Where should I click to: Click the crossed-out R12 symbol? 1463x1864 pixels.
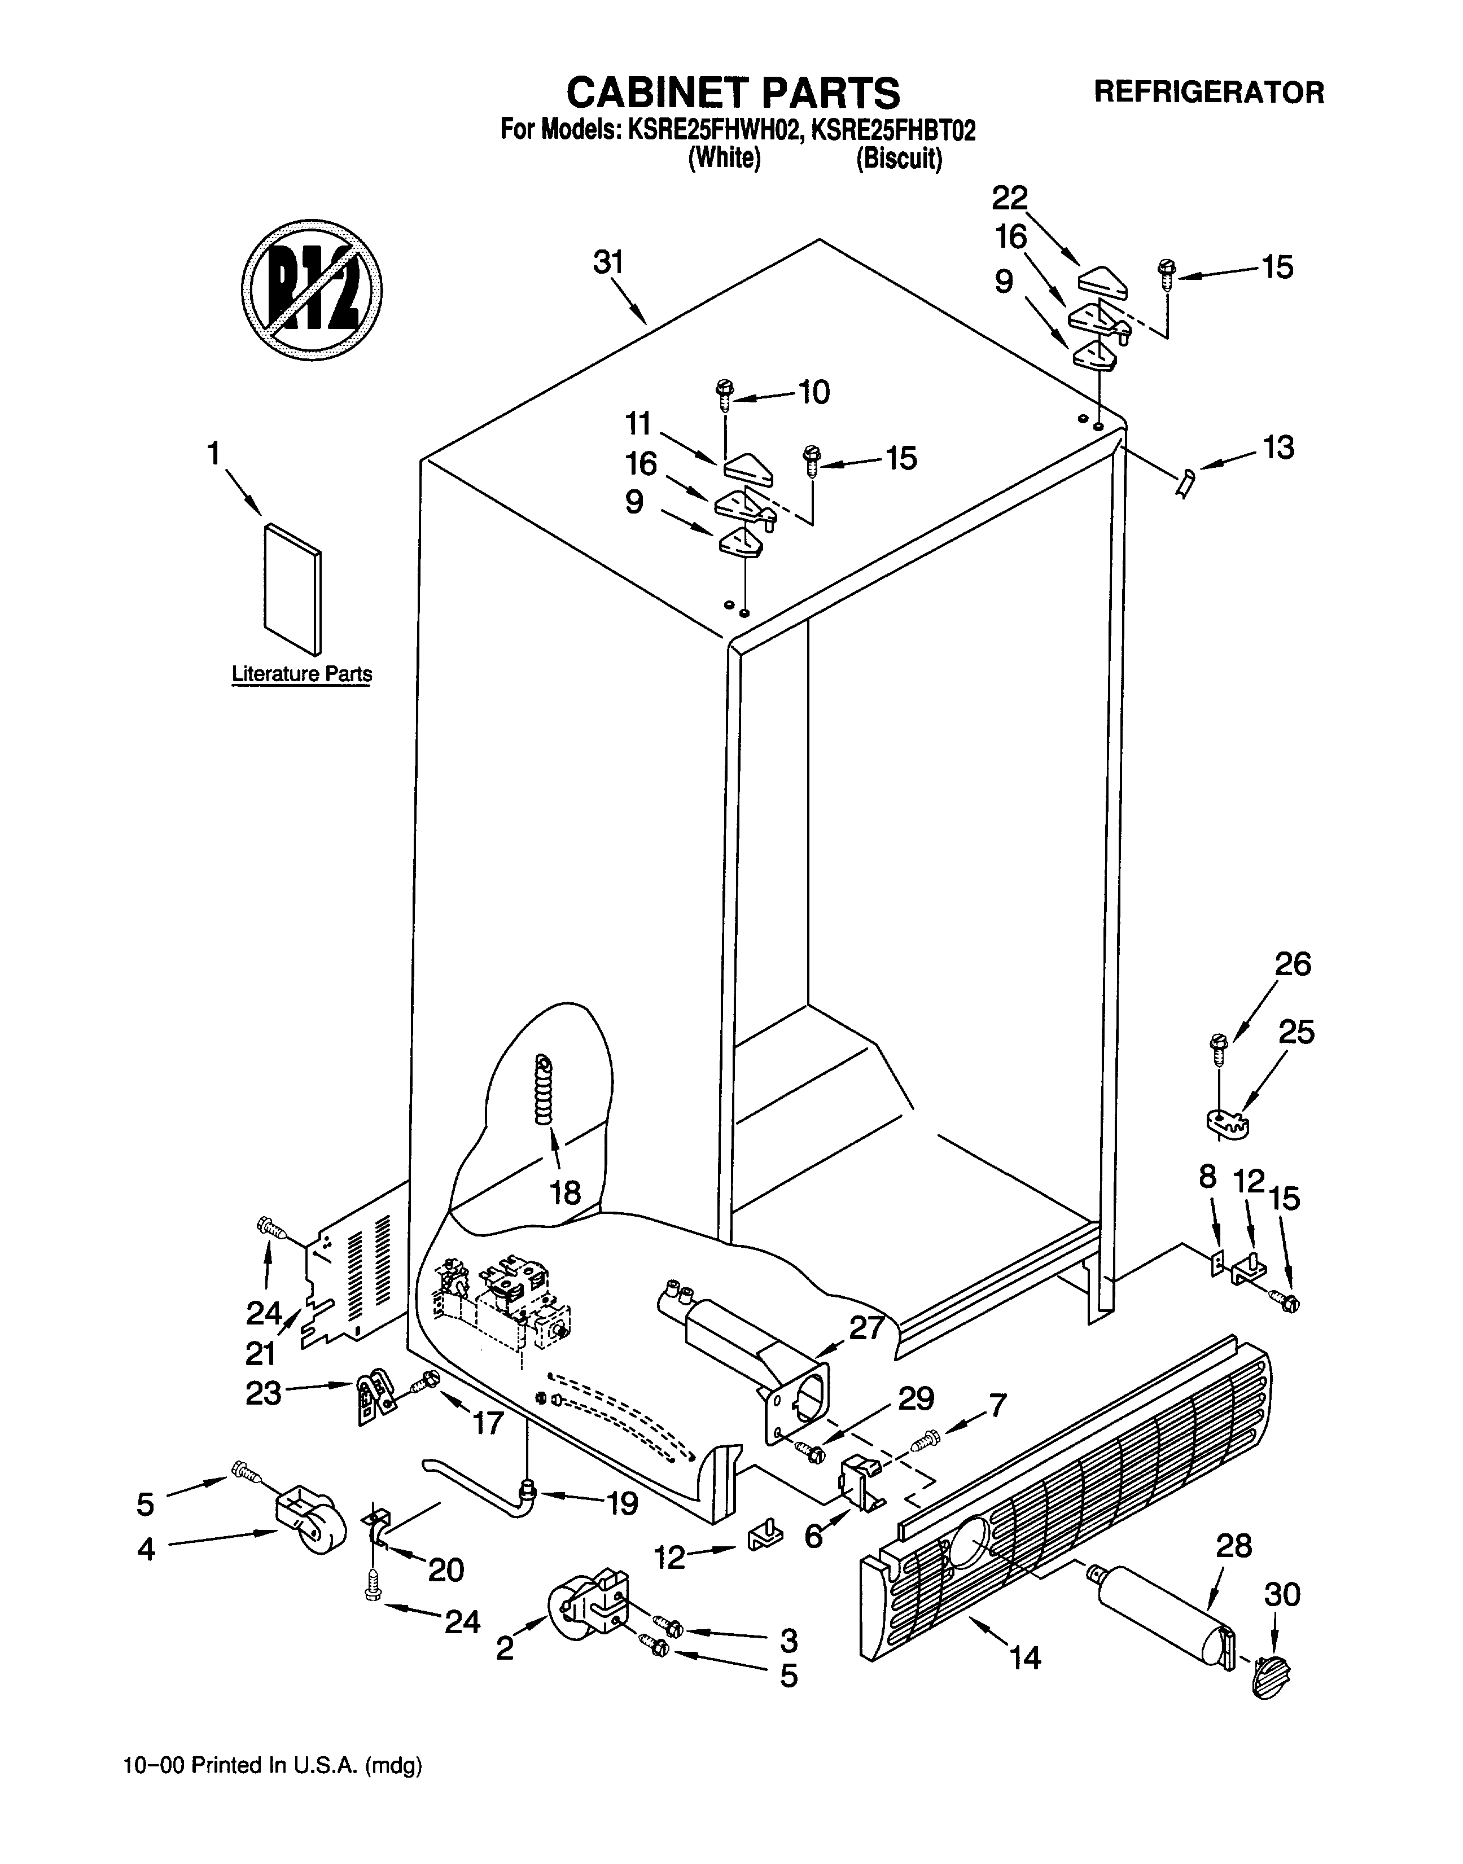pyautogui.click(x=311, y=290)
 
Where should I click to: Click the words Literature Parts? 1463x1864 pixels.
pyautogui.click(x=301, y=675)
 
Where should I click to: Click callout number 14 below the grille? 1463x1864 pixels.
pyautogui.click(x=1024, y=1659)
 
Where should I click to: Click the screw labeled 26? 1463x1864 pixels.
pyautogui.click(x=1218, y=1047)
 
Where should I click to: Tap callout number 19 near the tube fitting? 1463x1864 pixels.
pyautogui.click(x=622, y=1503)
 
